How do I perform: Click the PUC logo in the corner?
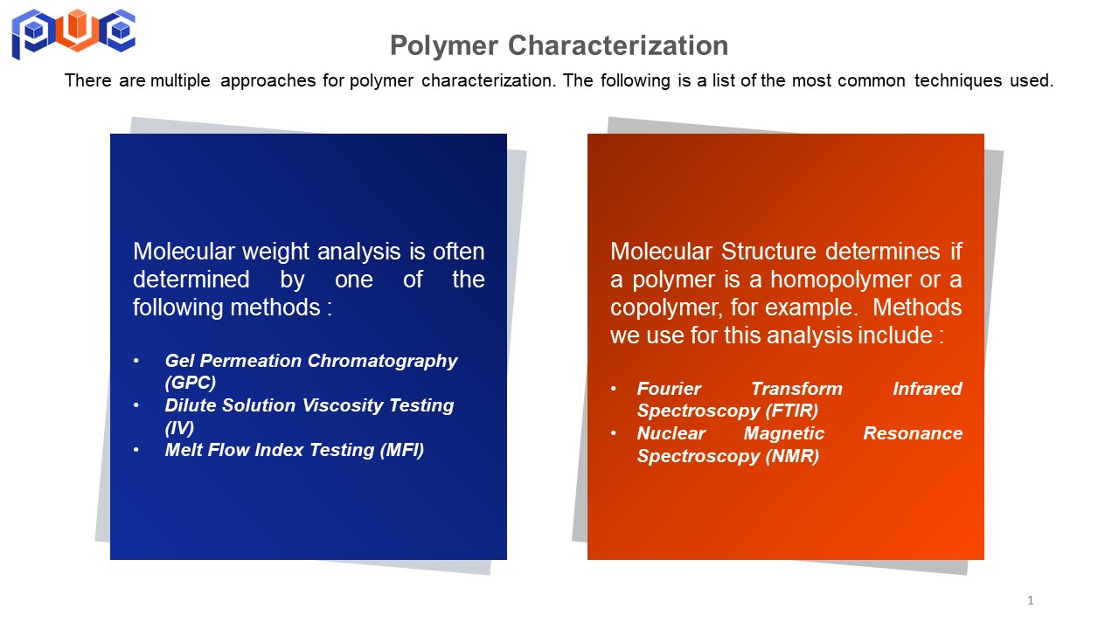point(73,33)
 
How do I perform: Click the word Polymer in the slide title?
point(444,46)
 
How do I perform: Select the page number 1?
point(1031,600)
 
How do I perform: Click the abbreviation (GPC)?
point(191,383)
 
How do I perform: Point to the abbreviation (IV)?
point(179,428)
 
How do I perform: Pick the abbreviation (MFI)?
point(401,450)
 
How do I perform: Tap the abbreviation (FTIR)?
point(792,411)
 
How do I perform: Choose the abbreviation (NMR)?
point(792,456)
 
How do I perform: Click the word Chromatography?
point(382,362)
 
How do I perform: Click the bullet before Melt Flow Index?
point(136,450)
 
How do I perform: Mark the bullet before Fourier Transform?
point(614,389)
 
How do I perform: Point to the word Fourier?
point(669,389)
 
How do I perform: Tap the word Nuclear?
point(671,433)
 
